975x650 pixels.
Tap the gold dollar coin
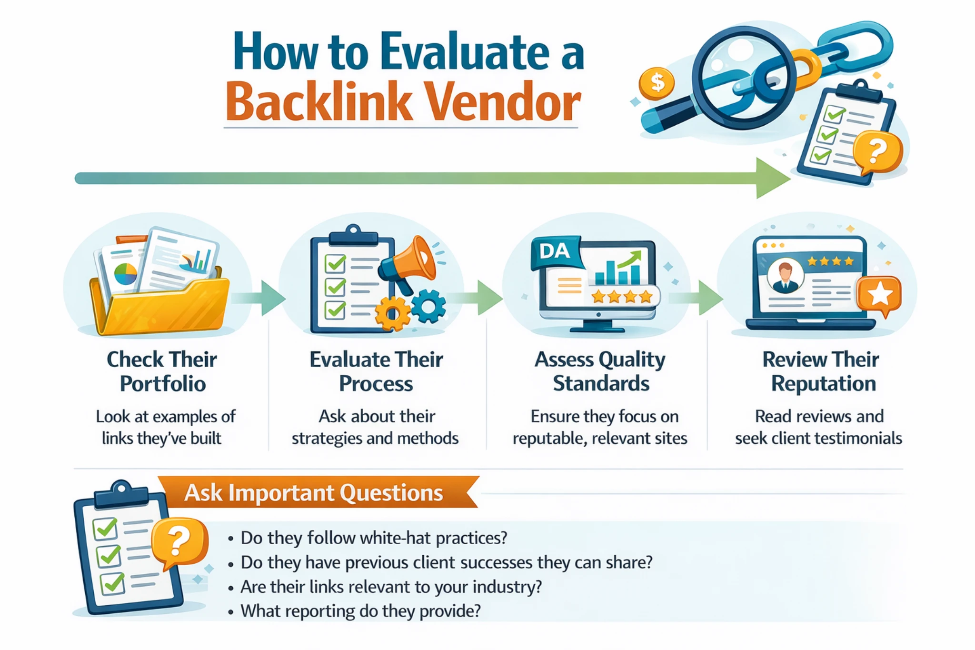click(657, 83)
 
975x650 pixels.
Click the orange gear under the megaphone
click(392, 314)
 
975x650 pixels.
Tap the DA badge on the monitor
click(555, 251)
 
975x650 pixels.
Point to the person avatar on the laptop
click(785, 276)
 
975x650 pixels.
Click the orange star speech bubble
click(878, 295)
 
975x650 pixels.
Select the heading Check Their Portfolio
click(162, 371)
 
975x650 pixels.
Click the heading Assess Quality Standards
click(600, 371)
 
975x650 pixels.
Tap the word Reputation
click(823, 384)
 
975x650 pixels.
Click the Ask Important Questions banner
click(314, 492)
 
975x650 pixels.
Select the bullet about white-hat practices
click(374, 538)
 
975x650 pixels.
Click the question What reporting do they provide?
click(360, 611)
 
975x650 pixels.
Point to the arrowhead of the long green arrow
click(771, 179)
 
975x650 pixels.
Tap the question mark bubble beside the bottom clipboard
click(179, 541)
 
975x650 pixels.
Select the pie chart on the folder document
click(125, 274)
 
